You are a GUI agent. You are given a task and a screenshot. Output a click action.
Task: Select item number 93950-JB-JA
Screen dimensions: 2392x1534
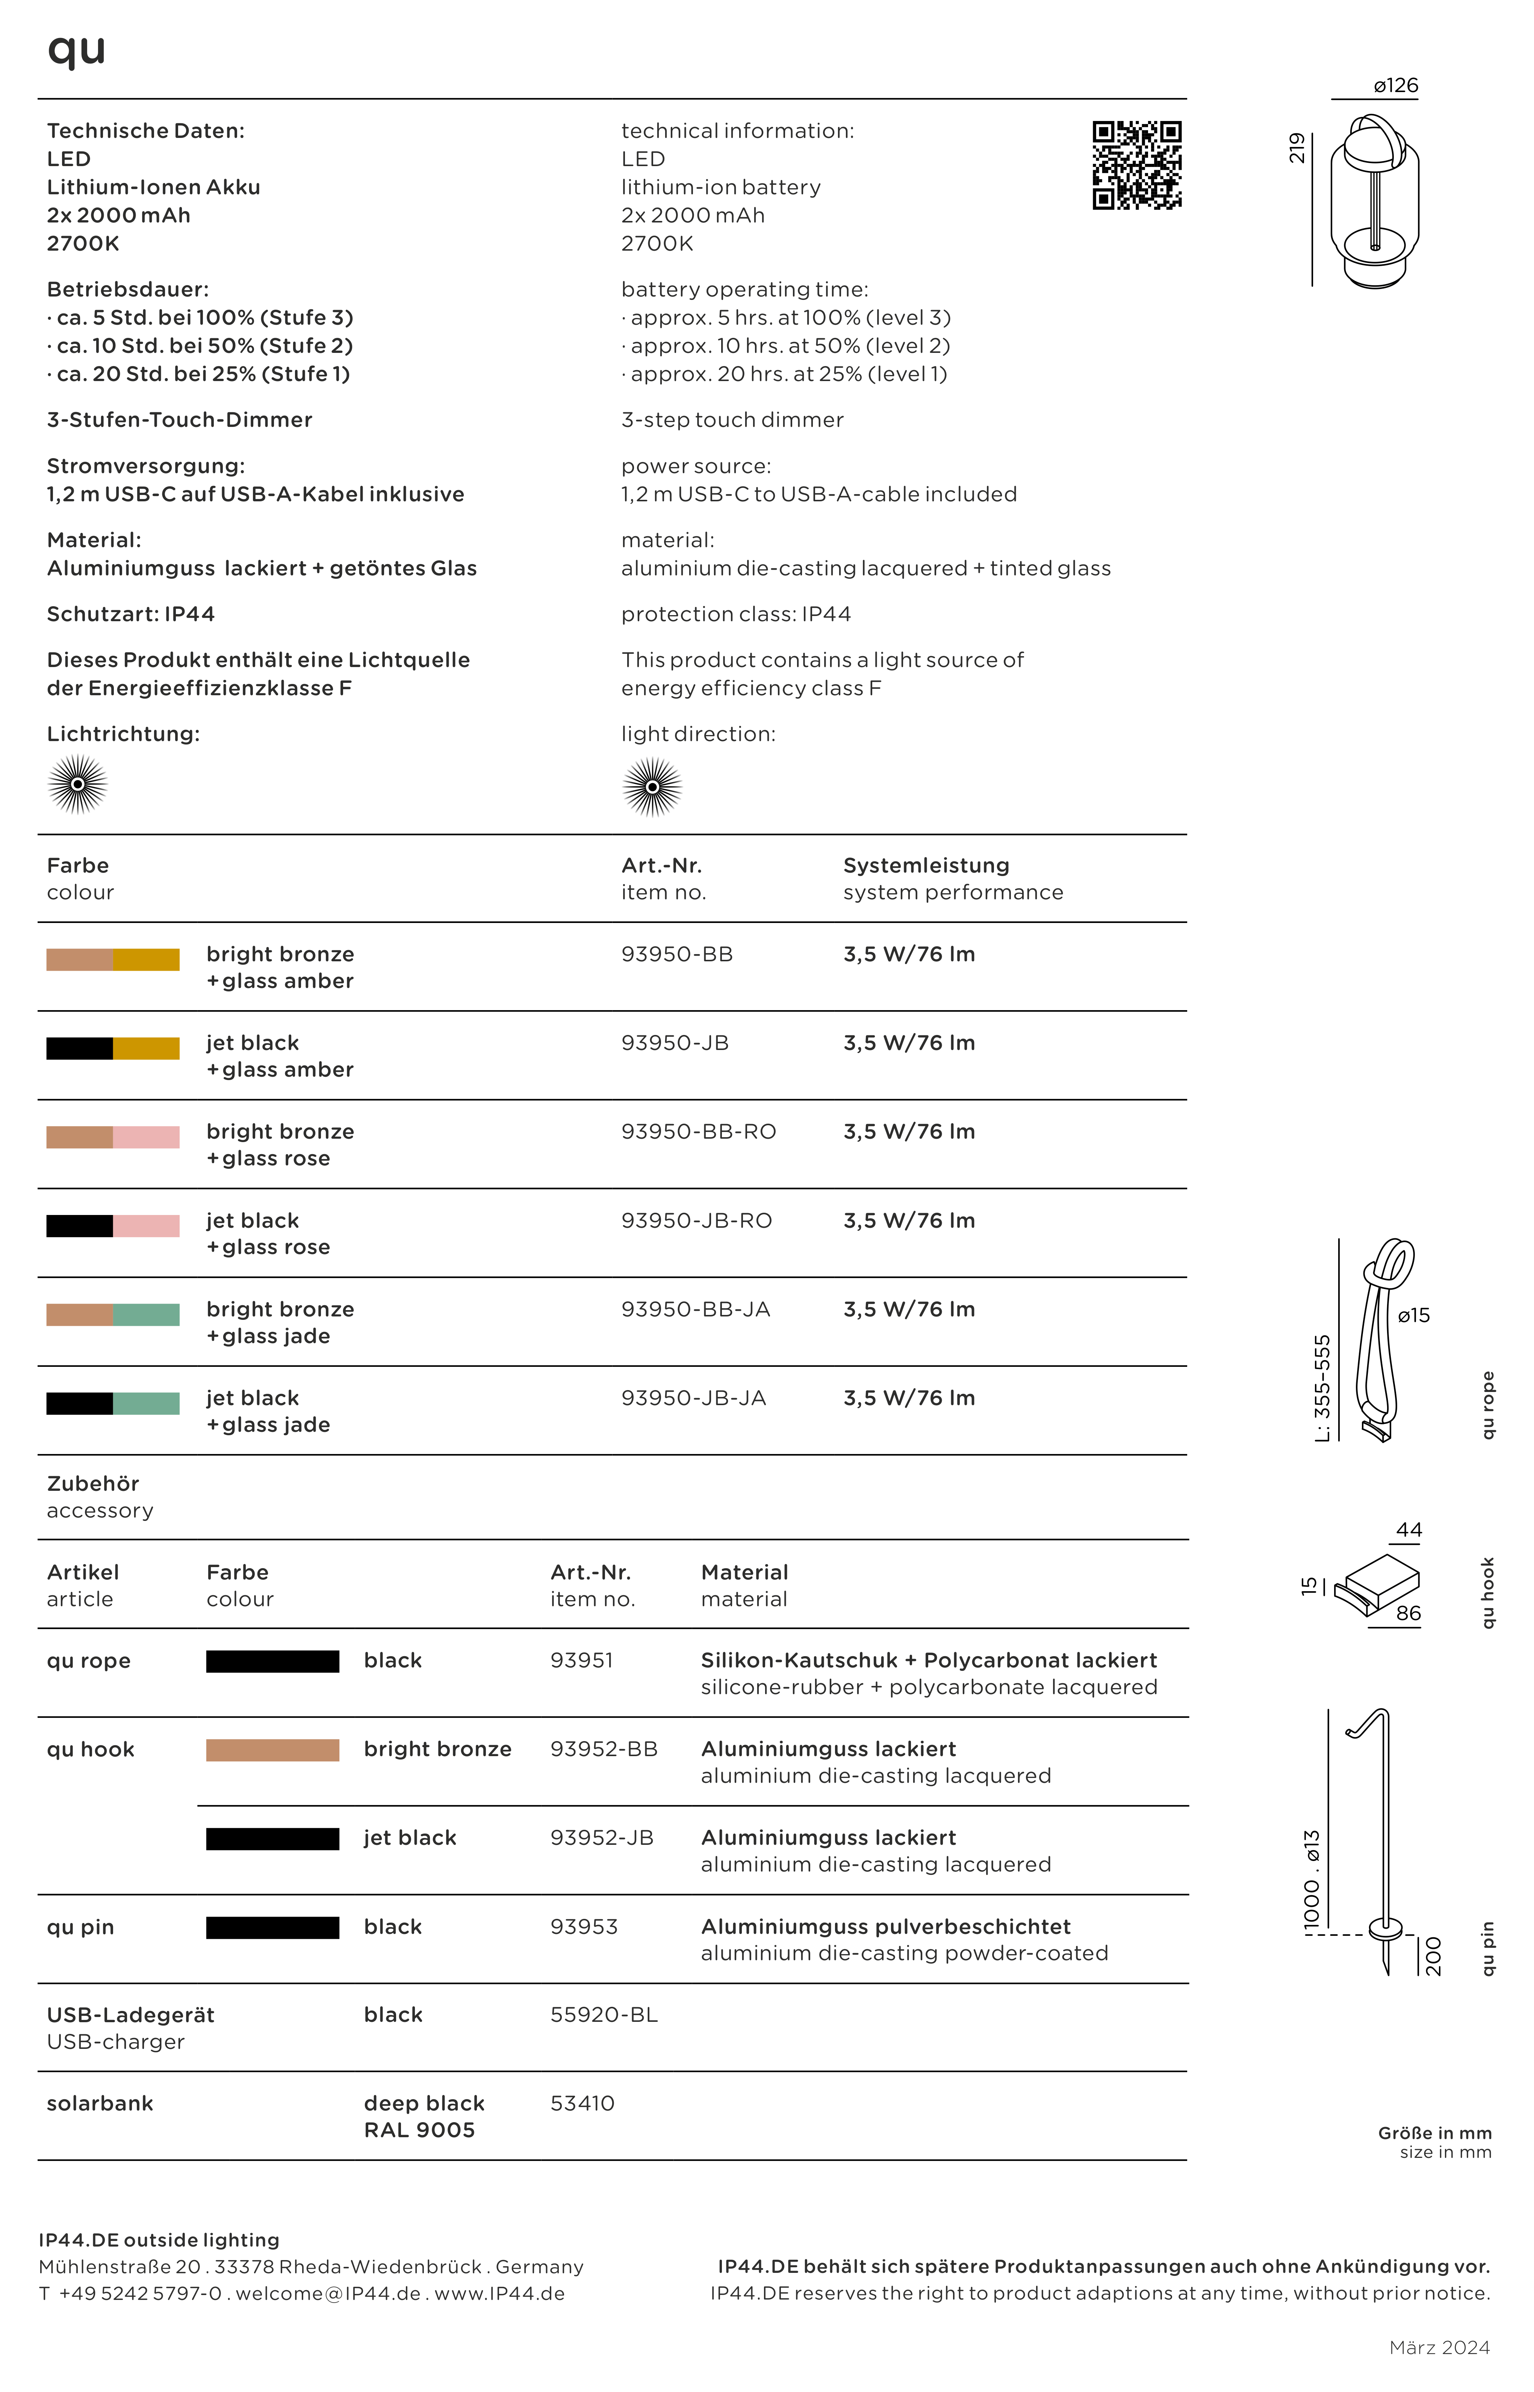pos(693,1398)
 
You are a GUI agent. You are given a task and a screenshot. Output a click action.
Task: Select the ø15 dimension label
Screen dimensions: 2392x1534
pos(1413,1315)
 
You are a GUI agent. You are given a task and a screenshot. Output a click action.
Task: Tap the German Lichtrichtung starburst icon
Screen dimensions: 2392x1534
pos(78,785)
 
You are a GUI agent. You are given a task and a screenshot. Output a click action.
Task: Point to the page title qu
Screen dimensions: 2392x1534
pos(77,50)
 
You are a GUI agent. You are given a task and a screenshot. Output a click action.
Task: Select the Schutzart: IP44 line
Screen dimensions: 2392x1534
pos(130,614)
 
